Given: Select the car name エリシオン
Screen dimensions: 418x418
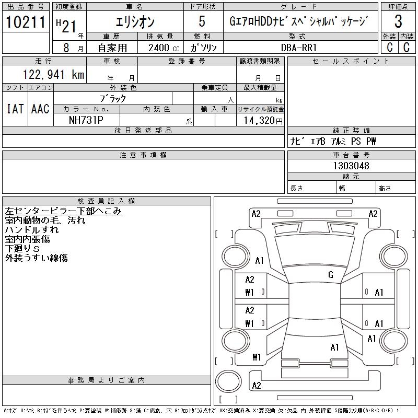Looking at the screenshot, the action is (x=135, y=22).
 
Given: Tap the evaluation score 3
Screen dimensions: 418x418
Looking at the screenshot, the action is (x=398, y=22).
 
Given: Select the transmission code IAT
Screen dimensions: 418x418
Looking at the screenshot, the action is (x=15, y=109).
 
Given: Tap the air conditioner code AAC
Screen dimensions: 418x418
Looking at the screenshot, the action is (x=40, y=109).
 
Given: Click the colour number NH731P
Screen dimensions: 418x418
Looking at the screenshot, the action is (x=87, y=120).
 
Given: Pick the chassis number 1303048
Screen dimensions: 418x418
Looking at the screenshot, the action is (x=351, y=166).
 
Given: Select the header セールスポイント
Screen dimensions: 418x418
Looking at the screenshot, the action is (x=351, y=61).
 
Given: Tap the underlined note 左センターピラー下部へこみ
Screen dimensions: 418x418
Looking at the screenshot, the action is (x=63, y=211).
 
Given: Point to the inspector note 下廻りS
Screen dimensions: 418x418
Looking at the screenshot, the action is (x=22, y=249).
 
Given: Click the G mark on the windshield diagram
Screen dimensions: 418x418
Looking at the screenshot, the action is (x=331, y=275).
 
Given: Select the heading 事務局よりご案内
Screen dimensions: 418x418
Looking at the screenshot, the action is (x=107, y=380).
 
